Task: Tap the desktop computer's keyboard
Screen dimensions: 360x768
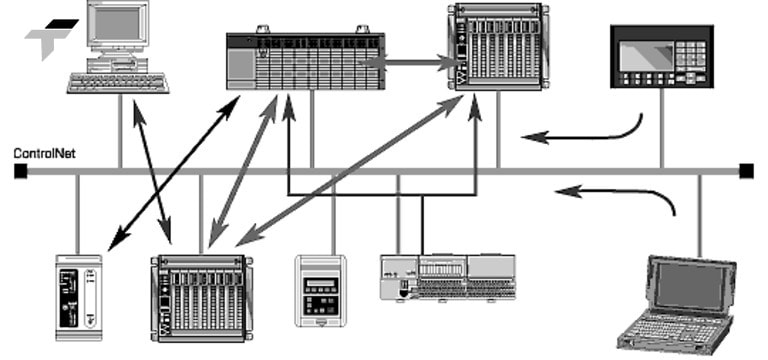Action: (118, 82)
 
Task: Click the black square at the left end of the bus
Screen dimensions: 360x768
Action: (19, 172)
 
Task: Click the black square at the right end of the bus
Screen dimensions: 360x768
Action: (745, 172)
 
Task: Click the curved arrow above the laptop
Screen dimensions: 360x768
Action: (620, 190)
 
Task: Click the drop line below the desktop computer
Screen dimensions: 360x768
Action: (120, 130)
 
